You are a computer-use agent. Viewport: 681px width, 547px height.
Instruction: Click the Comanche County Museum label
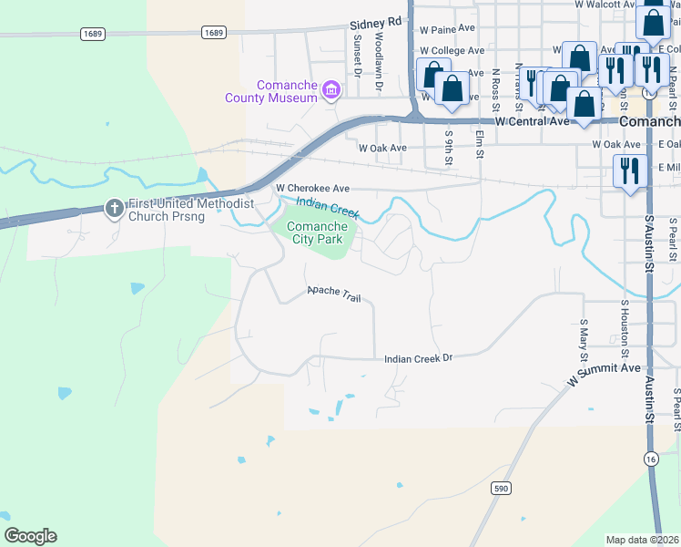click(x=272, y=91)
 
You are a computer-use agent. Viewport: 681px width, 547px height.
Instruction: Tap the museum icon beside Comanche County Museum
click(x=331, y=90)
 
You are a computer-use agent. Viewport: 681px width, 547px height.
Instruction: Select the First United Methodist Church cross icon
click(x=115, y=209)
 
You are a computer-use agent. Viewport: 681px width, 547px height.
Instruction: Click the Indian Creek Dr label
click(x=418, y=358)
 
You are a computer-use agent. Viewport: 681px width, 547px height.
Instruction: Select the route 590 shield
click(x=500, y=489)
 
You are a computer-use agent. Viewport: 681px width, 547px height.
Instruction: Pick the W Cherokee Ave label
click(x=312, y=188)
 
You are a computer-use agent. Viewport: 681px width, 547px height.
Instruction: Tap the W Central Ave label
click(x=532, y=121)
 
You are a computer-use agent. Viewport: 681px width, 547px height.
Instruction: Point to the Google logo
click(x=30, y=536)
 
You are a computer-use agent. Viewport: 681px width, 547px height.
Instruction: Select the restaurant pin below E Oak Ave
click(x=629, y=170)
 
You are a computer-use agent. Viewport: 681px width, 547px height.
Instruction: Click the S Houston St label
click(x=625, y=328)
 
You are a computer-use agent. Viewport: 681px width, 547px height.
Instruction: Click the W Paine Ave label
click(x=447, y=28)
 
